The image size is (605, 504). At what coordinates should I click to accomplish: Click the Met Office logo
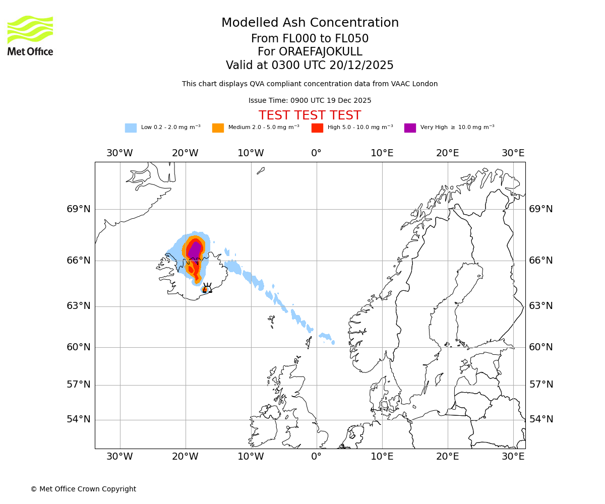click(x=30, y=35)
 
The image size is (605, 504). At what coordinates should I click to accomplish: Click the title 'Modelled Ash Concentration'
click(x=310, y=23)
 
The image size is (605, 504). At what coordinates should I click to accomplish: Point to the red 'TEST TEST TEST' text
click(x=310, y=115)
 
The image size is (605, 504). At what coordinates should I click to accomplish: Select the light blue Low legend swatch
click(x=131, y=128)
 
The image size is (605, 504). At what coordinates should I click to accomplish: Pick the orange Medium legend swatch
click(x=218, y=128)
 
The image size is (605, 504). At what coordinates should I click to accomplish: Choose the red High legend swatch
click(x=317, y=128)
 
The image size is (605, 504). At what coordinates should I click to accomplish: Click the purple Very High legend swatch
click(x=410, y=128)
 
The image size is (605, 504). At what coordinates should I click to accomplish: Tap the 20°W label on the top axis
click(x=185, y=153)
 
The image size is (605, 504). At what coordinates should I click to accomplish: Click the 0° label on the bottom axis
click(x=317, y=457)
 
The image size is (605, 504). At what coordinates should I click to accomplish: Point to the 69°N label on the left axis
click(x=79, y=209)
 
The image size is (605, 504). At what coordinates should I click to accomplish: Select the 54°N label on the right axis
click(x=541, y=419)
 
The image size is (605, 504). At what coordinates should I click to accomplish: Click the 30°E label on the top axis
click(x=513, y=153)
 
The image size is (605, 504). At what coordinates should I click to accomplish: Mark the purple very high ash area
click(x=194, y=251)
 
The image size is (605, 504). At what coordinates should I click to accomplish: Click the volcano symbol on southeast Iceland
click(x=207, y=288)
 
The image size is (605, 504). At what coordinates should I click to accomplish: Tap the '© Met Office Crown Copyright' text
click(x=83, y=489)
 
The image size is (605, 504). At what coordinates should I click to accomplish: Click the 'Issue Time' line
click(x=310, y=100)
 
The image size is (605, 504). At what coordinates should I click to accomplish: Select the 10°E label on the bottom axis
click(x=382, y=457)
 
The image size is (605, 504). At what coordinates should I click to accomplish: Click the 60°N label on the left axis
click(x=79, y=347)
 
